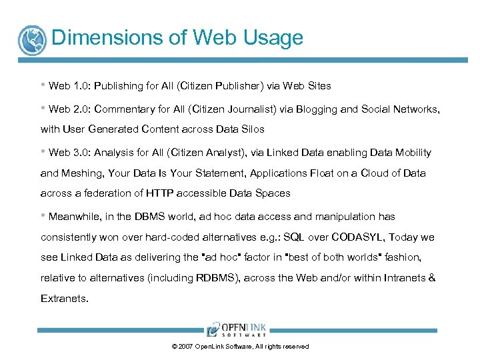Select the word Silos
click(250, 129)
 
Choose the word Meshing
click(85, 173)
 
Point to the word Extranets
click(64, 299)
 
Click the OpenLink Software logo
click(237, 330)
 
